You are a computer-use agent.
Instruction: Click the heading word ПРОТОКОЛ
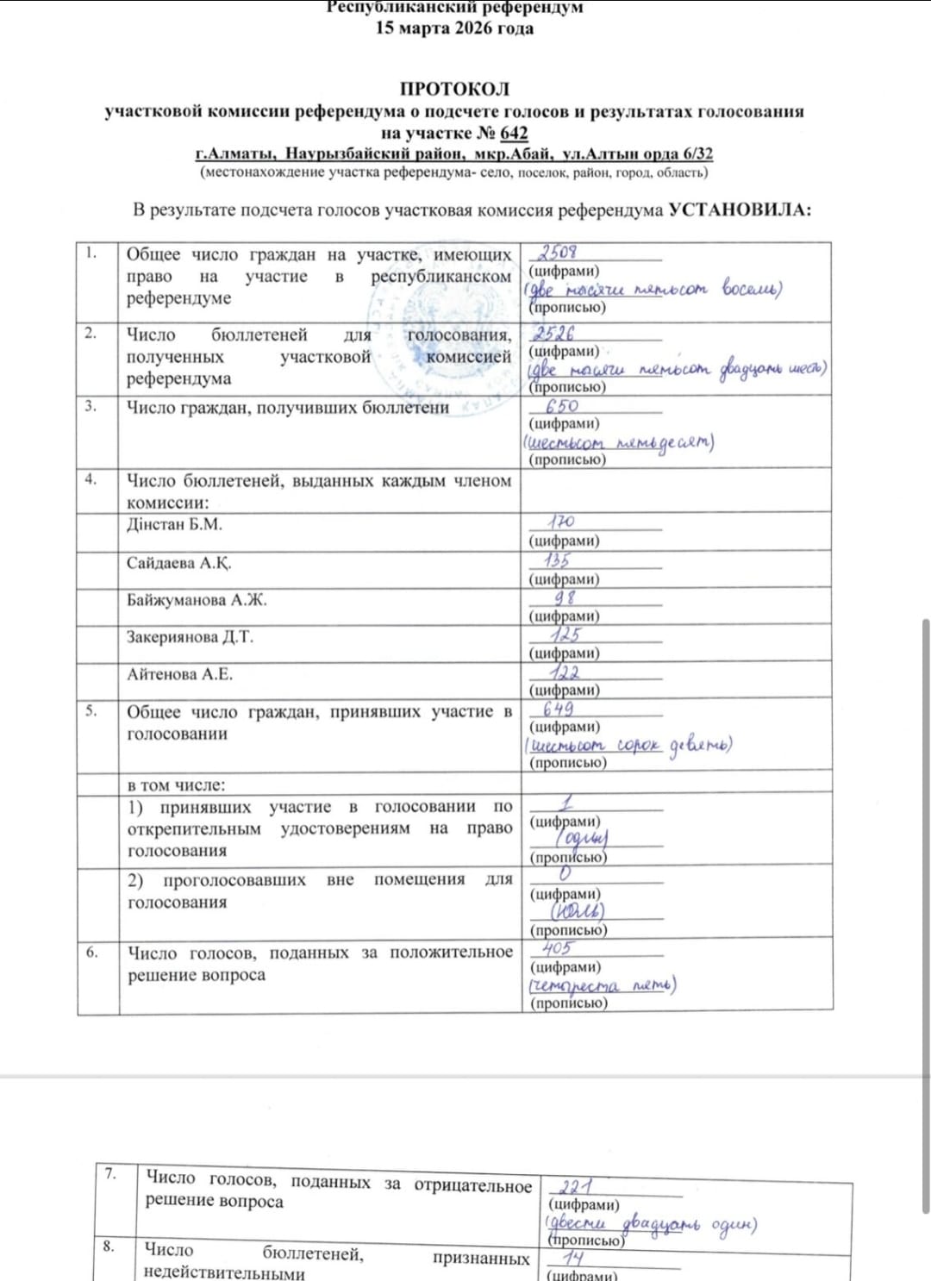(x=454, y=89)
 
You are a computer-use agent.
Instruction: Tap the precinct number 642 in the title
(x=514, y=133)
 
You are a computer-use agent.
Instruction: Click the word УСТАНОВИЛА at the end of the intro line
(x=740, y=209)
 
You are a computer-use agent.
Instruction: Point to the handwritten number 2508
(x=558, y=252)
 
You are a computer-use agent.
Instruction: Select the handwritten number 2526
(x=553, y=333)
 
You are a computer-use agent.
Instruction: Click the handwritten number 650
(x=562, y=405)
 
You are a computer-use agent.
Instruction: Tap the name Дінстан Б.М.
(x=174, y=524)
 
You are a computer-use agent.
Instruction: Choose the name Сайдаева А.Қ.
(x=179, y=563)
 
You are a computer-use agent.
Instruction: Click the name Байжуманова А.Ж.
(x=197, y=600)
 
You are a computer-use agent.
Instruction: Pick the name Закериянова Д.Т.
(x=191, y=637)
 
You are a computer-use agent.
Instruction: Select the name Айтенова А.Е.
(x=180, y=674)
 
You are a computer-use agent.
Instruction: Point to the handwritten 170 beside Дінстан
(x=560, y=522)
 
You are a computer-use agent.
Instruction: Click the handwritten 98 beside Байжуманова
(x=565, y=597)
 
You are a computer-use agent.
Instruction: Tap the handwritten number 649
(x=558, y=709)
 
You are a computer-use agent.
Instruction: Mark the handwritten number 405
(x=557, y=948)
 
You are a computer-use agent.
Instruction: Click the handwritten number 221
(x=576, y=1187)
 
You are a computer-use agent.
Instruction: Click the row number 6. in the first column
(x=92, y=952)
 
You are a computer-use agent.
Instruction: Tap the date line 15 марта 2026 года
(x=454, y=28)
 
